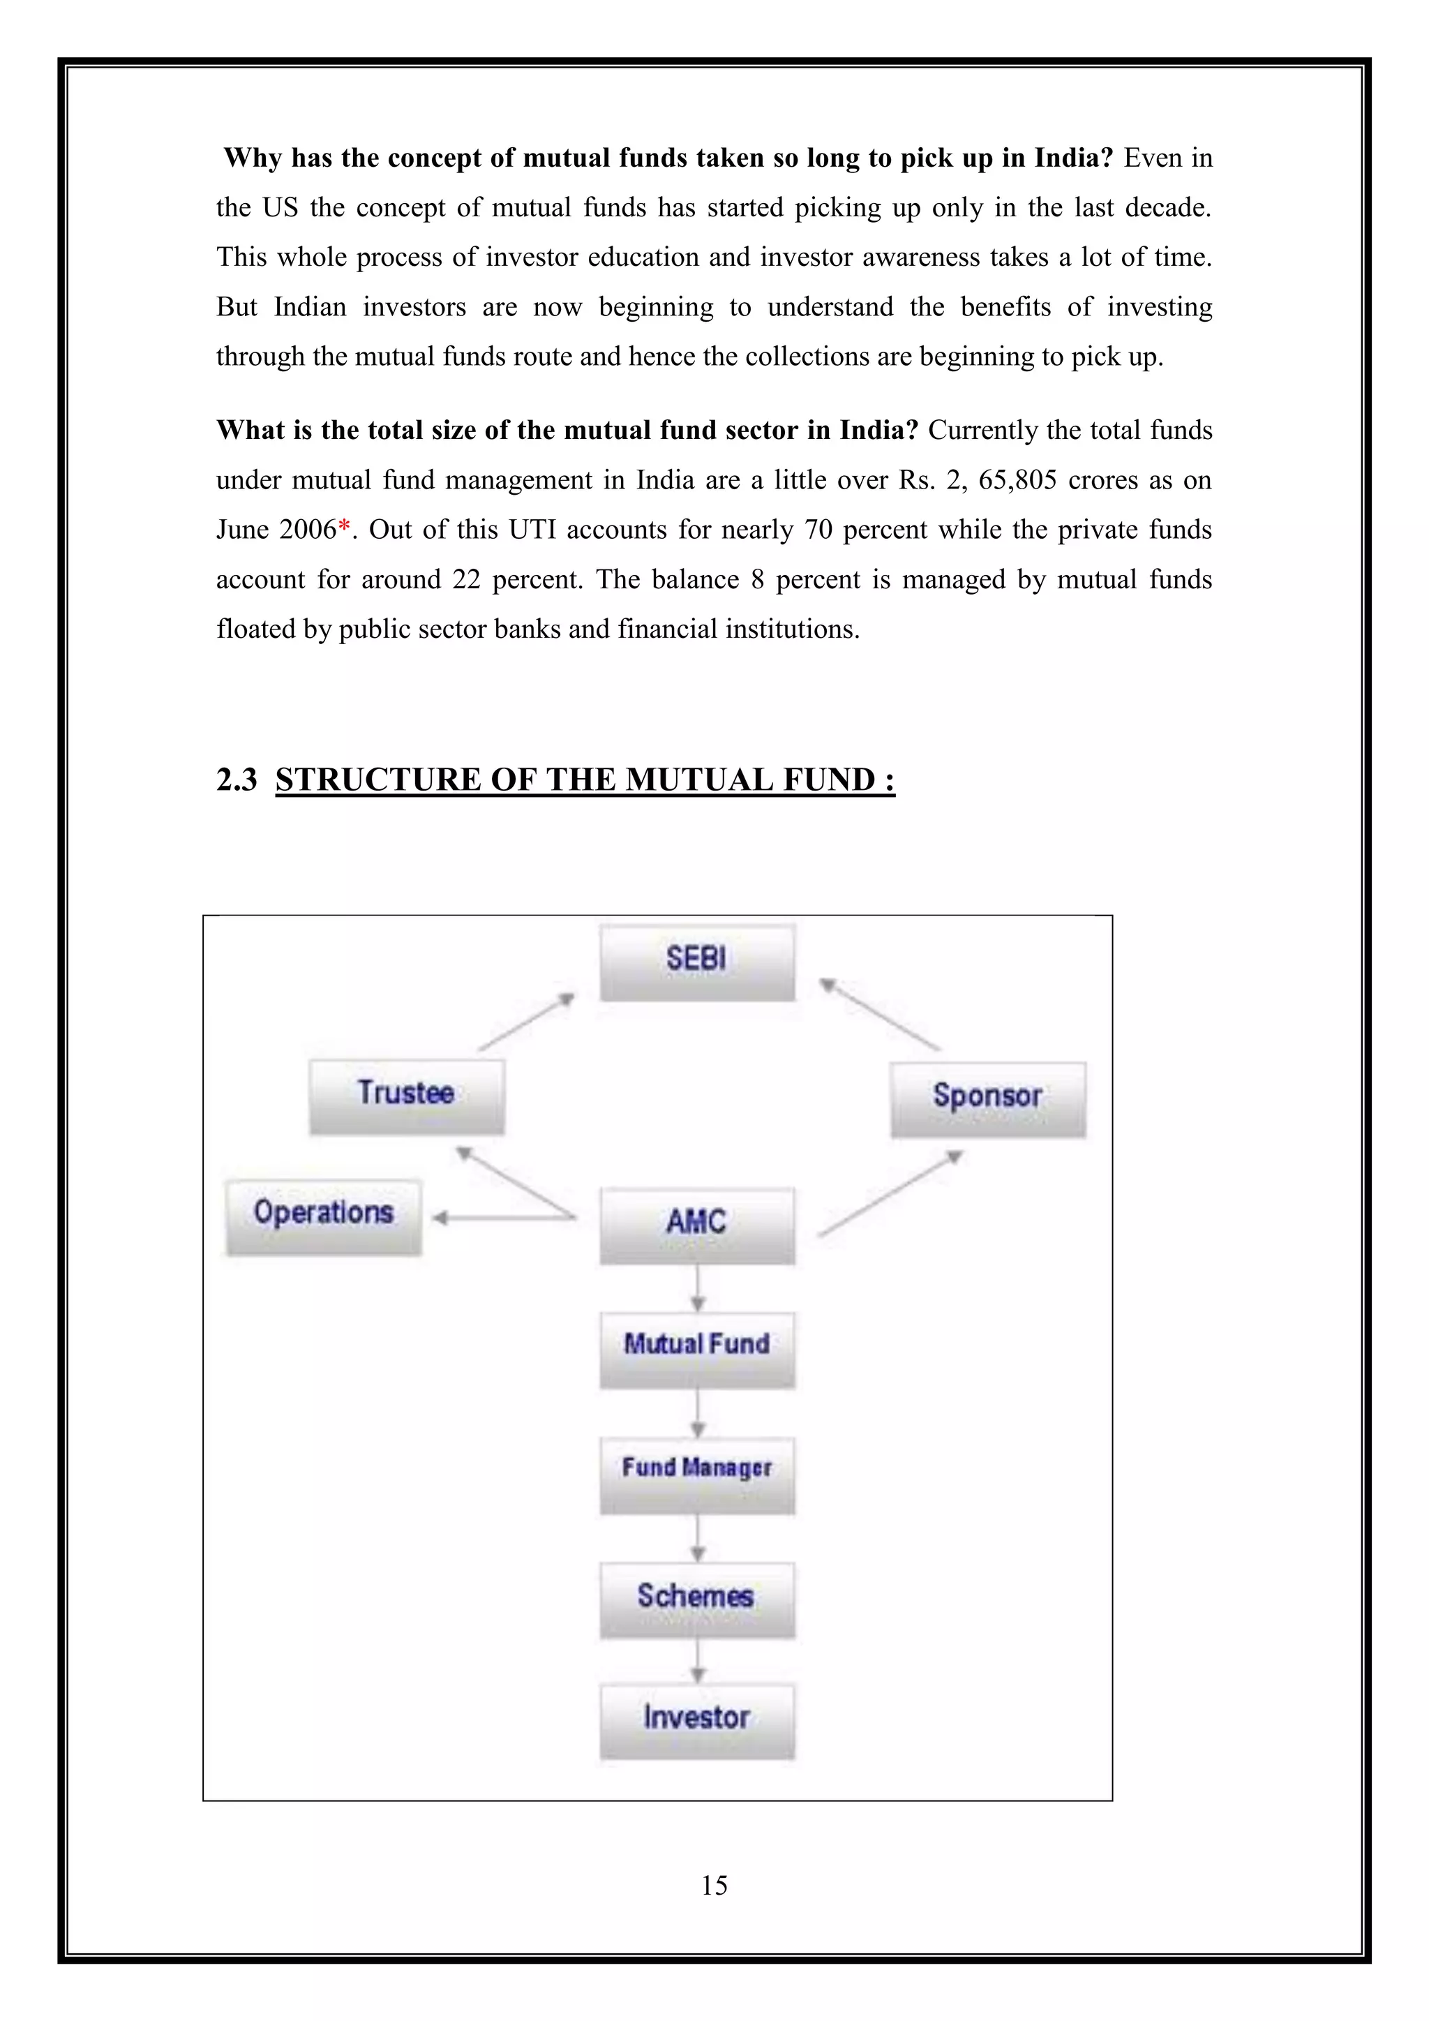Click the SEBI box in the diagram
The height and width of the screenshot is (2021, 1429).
pos(697,961)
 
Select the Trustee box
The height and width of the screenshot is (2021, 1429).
pos(407,1096)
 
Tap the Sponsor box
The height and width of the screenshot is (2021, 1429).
pos(988,1099)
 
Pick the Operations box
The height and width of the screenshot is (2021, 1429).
pos(323,1216)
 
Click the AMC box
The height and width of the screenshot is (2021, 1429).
pos(697,1225)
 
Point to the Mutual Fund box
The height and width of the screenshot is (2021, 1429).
pos(697,1350)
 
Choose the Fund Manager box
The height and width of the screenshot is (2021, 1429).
pos(697,1475)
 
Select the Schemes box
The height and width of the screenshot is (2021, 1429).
pos(697,1599)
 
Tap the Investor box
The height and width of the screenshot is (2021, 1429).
pos(697,1721)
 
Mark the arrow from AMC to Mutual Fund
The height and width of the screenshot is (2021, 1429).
pos(698,1288)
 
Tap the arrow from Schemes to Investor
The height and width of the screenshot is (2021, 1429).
pos(698,1661)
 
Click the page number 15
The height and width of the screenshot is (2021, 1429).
pos(714,1884)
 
